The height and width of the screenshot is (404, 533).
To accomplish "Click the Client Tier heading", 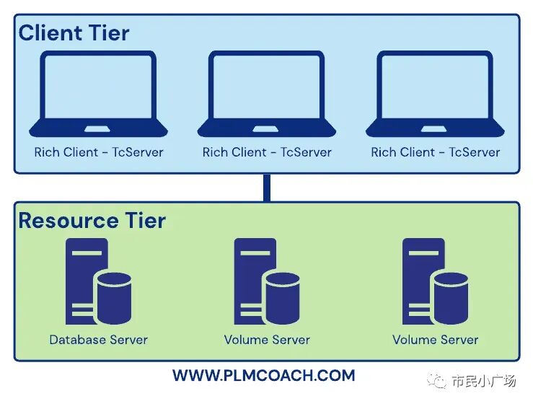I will click(74, 32).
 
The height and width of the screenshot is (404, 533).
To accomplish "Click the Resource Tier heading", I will click(92, 220).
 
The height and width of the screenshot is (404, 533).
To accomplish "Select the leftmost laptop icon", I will click(99, 94).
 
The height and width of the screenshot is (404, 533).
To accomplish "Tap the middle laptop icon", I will click(267, 94).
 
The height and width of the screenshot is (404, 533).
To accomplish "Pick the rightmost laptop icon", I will click(435, 94).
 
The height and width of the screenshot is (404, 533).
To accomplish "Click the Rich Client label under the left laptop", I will click(99, 152).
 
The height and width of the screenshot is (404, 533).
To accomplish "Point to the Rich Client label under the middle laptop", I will click(267, 152).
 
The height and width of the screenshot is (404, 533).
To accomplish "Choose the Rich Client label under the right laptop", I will click(435, 152).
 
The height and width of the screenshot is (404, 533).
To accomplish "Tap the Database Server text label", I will click(99, 339).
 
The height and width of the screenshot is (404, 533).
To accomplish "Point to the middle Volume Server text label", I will click(267, 339).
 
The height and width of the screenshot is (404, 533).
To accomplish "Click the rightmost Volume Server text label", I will click(435, 339).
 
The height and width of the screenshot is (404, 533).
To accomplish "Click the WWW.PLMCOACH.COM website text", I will click(263, 375).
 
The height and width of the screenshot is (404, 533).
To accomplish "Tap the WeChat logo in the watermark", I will click(437, 380).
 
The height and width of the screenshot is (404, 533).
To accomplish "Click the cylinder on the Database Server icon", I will click(113, 297).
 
